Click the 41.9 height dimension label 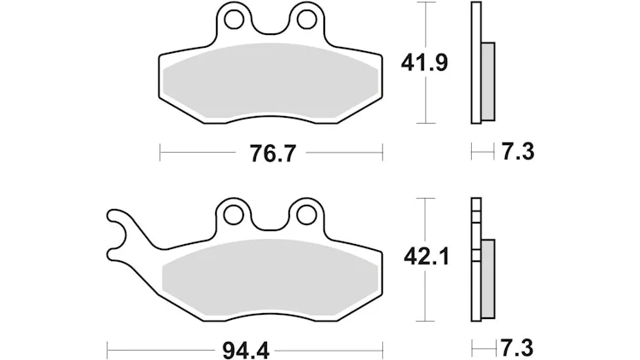point(424,63)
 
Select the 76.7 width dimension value point(271,154)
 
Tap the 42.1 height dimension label point(426,257)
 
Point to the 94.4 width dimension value point(246,350)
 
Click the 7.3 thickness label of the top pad point(518,152)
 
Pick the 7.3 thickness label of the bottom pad point(517,348)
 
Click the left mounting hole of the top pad point(234,20)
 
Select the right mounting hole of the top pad point(306,19)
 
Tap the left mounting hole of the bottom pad point(233,215)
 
